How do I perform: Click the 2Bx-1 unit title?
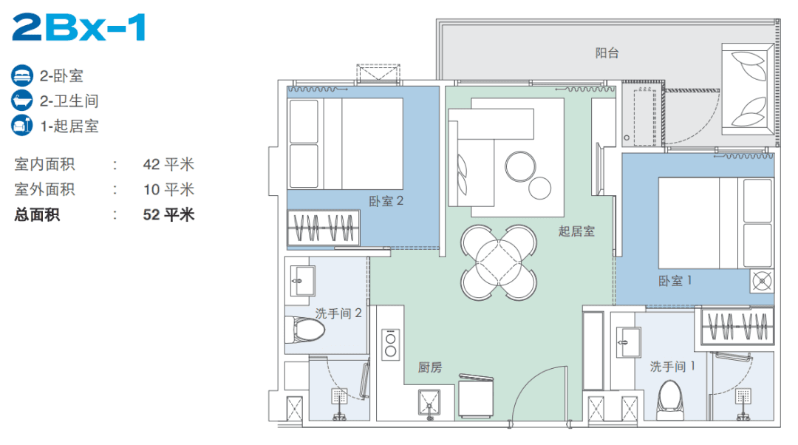point(79,27)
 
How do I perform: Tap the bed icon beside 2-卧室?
point(21,76)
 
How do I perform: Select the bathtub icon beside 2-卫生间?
point(21,101)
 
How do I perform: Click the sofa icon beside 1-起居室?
point(21,125)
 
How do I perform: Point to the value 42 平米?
point(168,164)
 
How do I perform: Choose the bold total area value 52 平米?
point(168,214)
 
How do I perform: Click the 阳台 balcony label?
point(607,53)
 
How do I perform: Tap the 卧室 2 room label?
point(386,201)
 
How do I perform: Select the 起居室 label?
point(576,231)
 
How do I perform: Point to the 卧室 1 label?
point(675,281)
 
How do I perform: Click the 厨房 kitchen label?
point(430,367)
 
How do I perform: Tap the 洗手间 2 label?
point(338,313)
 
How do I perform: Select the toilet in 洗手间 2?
point(305,330)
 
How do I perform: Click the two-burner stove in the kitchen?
point(391,344)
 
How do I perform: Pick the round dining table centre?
point(499,262)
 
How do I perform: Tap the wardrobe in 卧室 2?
point(324,228)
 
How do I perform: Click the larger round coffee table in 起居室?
point(520,166)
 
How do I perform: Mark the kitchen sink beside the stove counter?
point(429,404)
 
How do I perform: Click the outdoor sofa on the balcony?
point(748,89)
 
